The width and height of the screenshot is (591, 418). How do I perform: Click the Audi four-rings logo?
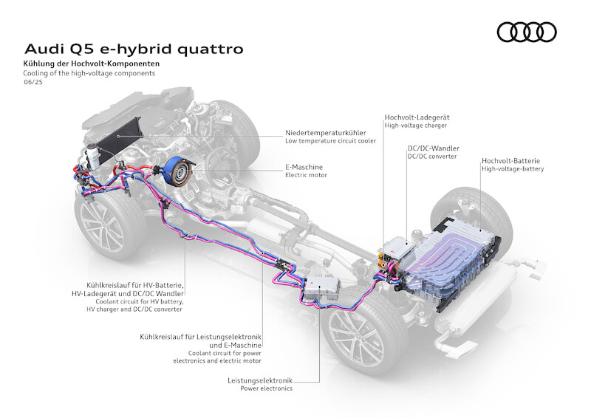(x=526, y=32)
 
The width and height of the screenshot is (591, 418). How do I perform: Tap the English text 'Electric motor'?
(x=306, y=176)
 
